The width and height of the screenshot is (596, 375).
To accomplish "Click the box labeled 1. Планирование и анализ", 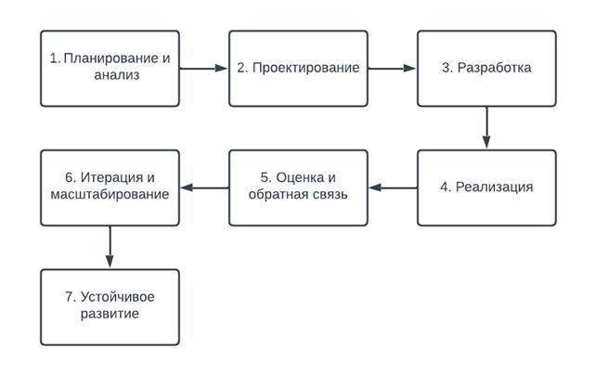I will pos(110,67).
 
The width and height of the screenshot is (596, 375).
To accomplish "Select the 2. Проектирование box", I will pos(298,67).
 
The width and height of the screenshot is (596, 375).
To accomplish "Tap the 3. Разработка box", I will pos(486,67).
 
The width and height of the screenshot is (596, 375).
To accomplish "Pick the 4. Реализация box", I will pos(486,187).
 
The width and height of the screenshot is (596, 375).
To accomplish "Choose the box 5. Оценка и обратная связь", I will pos(298,187).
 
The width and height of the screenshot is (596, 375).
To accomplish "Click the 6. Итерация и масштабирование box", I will pos(110,187).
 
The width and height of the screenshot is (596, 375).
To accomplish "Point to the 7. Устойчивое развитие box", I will pos(110,306).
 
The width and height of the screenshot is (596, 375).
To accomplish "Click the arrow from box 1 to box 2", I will pos(204,68).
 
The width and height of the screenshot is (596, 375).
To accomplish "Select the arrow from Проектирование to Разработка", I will pos(392,68).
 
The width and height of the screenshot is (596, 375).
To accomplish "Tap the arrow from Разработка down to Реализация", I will pos(486,127).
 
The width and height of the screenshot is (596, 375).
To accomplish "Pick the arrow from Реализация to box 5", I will pos(392,187).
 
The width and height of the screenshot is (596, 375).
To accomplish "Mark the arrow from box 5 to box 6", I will pos(204,187).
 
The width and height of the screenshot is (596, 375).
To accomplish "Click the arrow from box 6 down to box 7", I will pos(110,247).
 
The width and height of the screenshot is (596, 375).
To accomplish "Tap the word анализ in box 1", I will pos(110,76).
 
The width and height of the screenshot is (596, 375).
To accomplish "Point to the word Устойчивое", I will pos(119,297).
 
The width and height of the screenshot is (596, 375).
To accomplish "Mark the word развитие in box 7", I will pos(110,316).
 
